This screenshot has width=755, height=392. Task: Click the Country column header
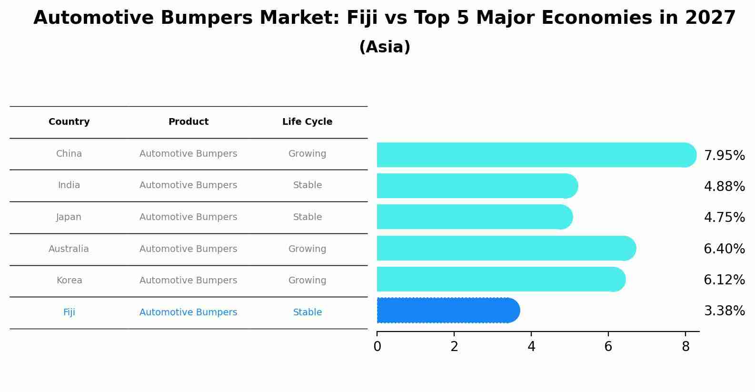[x=69, y=122]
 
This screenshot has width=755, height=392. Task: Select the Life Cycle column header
[x=307, y=122]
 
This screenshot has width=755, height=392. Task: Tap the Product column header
[x=189, y=122]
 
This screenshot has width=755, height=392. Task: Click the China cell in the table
[x=69, y=154]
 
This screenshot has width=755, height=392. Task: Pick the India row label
[x=69, y=185]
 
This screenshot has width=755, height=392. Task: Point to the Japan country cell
[x=69, y=217]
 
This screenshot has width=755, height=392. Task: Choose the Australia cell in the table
[x=69, y=249]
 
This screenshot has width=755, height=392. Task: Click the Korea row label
[x=70, y=281]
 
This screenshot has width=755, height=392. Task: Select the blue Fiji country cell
[x=69, y=312]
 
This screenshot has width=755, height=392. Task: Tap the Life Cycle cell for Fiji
[x=308, y=312]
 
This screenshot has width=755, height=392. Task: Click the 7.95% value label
[x=724, y=156]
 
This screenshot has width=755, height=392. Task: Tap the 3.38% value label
[x=724, y=311]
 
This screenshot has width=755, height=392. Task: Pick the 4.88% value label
[x=724, y=187]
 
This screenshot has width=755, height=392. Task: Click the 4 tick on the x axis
[x=531, y=347]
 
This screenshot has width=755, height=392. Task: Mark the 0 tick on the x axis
[x=377, y=347]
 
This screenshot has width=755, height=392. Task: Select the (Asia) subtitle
[x=385, y=47]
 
